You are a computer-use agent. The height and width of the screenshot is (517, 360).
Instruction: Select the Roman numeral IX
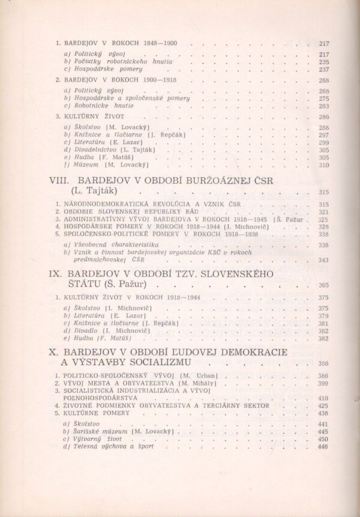click(55, 274)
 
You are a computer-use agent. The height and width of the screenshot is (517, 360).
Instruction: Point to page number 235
click(324, 62)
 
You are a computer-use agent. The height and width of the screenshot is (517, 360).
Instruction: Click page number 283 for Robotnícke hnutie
click(324, 106)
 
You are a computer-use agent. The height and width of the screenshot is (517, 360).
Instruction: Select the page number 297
click(324, 135)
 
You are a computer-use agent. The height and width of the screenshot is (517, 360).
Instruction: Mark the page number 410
click(324, 398)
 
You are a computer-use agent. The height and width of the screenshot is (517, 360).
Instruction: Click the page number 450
click(324, 439)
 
